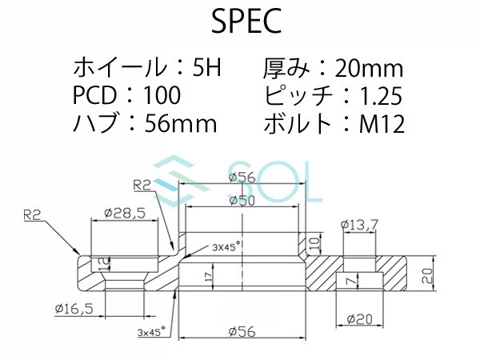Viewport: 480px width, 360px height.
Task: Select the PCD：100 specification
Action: [127, 96]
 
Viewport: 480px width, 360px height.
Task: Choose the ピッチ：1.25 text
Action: [331, 96]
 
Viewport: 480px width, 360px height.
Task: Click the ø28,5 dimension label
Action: [124, 214]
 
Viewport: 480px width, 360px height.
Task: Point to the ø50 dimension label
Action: [242, 201]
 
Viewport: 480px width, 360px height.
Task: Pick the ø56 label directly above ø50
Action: [242, 178]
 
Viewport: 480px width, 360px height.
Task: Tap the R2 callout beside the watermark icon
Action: [142, 185]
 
